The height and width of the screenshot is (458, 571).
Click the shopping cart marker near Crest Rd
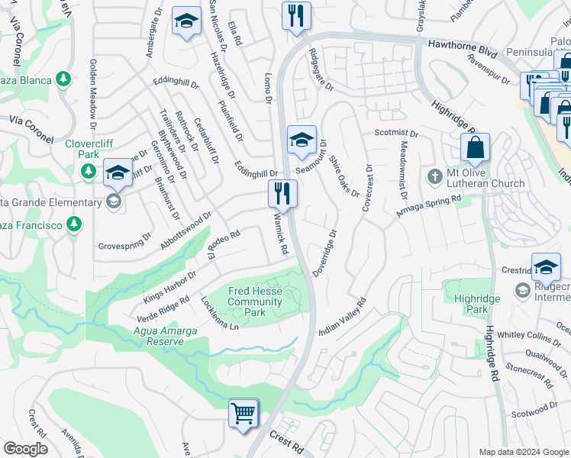[244, 414]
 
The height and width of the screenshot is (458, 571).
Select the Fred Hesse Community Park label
[256, 302]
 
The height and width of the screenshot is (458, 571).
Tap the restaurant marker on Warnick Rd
[282, 195]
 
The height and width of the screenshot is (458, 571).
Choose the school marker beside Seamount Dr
[302, 140]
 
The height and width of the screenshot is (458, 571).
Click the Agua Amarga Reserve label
[165, 337]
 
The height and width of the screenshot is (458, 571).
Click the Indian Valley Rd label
[343, 314]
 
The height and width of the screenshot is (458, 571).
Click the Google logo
[24, 449]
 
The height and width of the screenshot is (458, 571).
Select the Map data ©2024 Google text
[523, 451]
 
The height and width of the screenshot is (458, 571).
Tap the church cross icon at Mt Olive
[434, 177]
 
